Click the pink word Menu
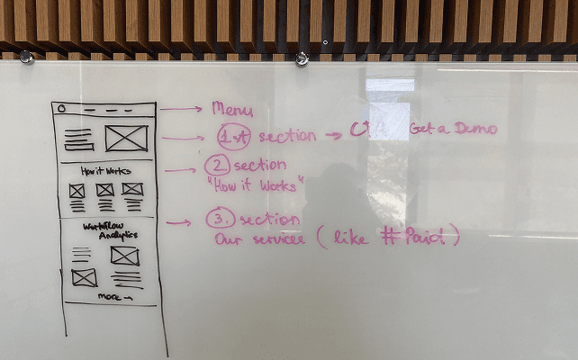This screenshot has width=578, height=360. pyautogui.click(x=232, y=109)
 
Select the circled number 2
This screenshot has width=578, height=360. pyautogui.click(x=217, y=166)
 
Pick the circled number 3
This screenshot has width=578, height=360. pyautogui.click(x=220, y=220)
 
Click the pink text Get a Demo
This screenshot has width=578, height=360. pyautogui.click(x=453, y=129)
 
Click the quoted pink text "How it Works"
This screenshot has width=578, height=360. pyautogui.click(x=256, y=184)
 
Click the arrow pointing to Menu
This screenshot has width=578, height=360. pyautogui.click(x=180, y=109)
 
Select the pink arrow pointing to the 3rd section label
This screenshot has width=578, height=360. pyautogui.click(x=178, y=222)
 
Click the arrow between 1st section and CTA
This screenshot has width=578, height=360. pyautogui.click(x=333, y=135)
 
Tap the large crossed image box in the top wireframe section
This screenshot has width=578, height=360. pyautogui.click(x=126, y=139)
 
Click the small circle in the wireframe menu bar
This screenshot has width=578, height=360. pyautogui.click(x=62, y=109)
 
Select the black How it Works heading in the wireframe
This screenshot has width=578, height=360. pyautogui.click(x=105, y=171)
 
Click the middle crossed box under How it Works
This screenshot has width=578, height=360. pyautogui.click(x=105, y=190)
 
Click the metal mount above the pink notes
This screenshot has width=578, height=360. pyautogui.click(x=302, y=59)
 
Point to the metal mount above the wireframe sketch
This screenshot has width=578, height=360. pyautogui.click(x=27, y=57)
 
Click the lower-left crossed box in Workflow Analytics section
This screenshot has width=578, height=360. pyautogui.click(x=85, y=277)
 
